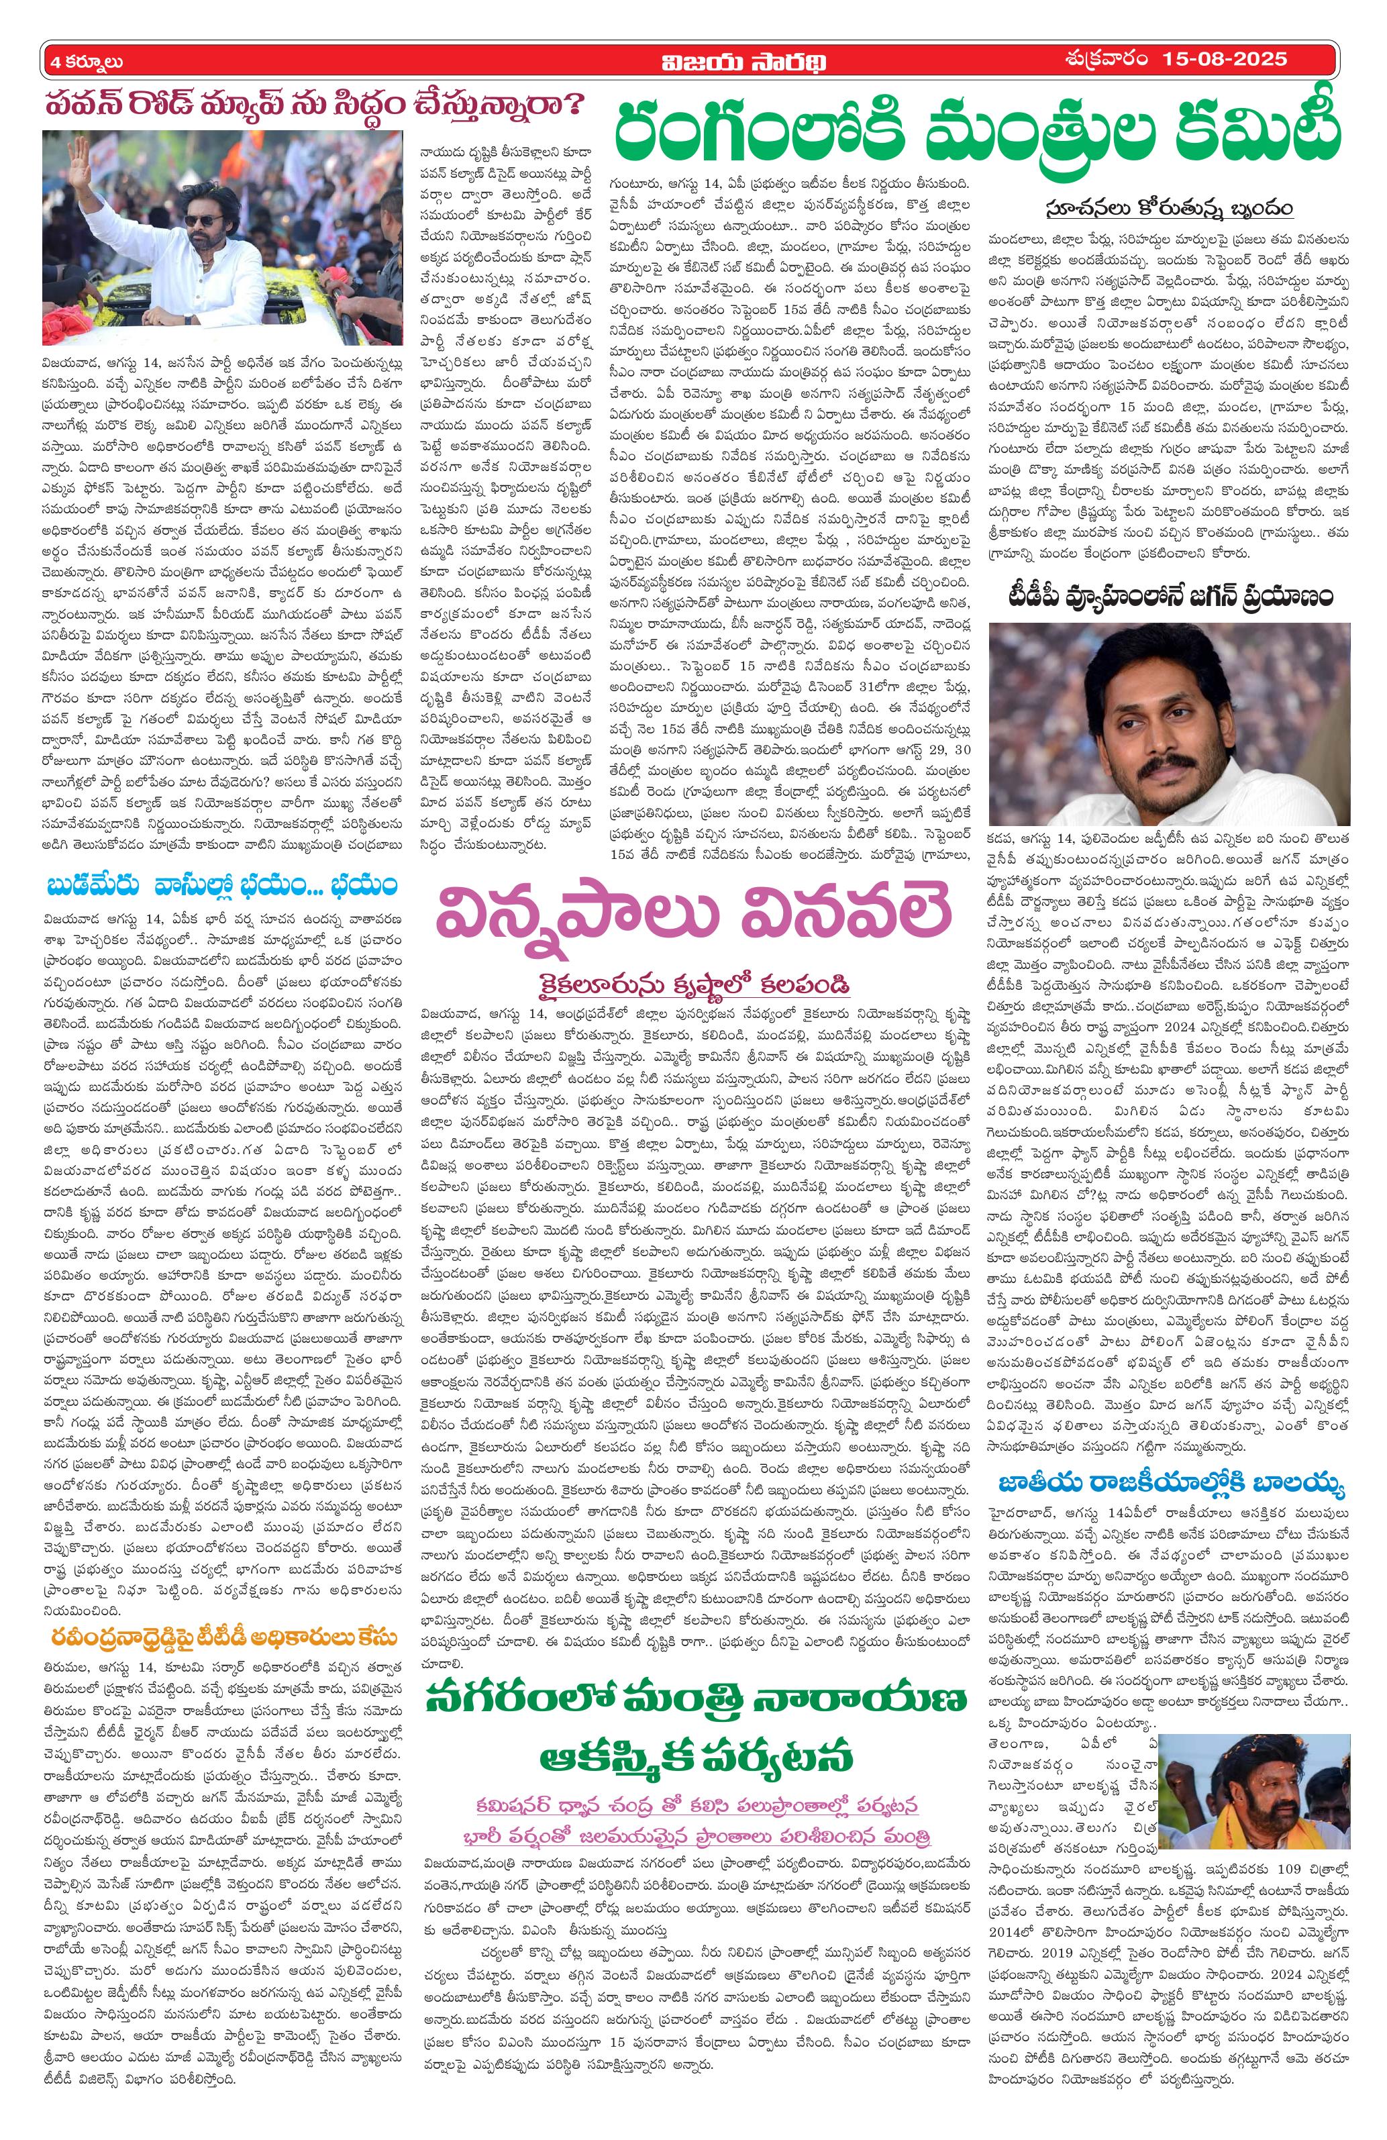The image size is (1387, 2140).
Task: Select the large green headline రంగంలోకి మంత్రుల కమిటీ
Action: point(974,128)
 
